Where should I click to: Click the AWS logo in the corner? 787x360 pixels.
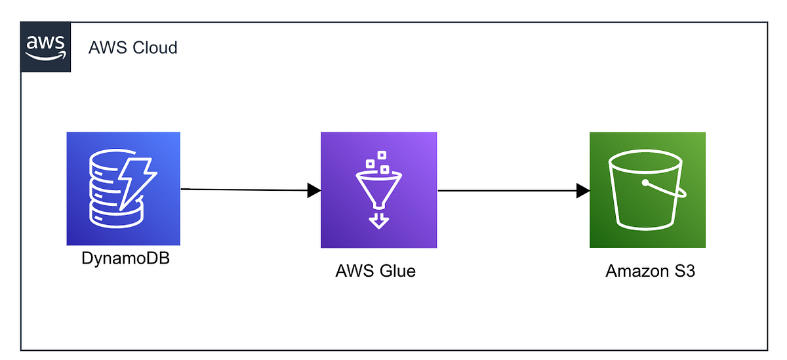click(x=46, y=47)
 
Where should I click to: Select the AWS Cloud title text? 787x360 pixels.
click(x=133, y=48)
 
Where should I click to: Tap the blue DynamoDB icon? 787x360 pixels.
click(x=123, y=189)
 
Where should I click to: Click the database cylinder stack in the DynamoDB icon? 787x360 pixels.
click(x=109, y=190)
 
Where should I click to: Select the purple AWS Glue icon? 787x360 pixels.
click(x=378, y=190)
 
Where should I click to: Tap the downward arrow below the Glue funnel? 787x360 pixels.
click(x=378, y=220)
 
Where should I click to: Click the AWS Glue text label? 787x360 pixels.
click(x=375, y=271)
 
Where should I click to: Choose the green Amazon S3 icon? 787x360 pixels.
click(x=647, y=190)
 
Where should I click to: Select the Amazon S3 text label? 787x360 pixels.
click(x=650, y=271)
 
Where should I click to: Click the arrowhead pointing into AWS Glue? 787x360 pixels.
click(x=314, y=190)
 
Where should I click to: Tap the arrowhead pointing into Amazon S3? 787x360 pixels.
click(x=583, y=191)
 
